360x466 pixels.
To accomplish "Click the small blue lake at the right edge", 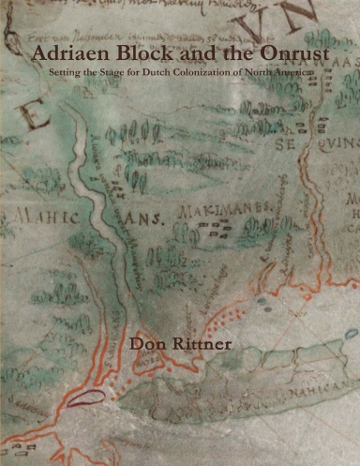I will tap(350, 334).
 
